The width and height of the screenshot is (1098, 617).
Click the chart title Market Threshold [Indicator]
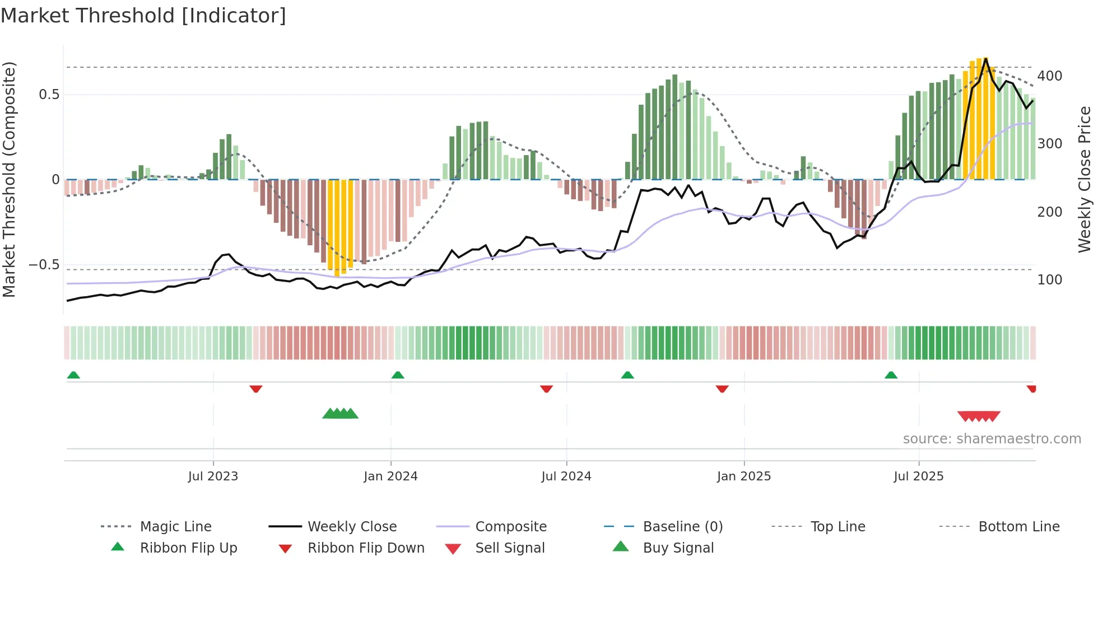pyautogui.click(x=143, y=16)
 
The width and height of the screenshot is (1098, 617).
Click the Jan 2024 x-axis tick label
pyautogui.click(x=390, y=476)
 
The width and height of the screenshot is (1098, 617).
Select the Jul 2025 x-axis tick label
pyautogui.click(x=918, y=476)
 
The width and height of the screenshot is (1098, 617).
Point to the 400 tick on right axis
pyautogui.click(x=1049, y=76)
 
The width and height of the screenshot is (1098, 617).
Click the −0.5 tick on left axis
pyautogui.click(x=44, y=265)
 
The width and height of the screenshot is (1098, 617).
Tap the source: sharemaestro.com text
pyautogui.click(x=992, y=439)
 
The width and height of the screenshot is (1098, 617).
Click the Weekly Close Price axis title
pyautogui.click(x=1085, y=179)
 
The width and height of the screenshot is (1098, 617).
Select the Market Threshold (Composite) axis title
pyautogui.click(x=9, y=179)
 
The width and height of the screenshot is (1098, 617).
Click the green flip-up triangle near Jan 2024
pyautogui.click(x=398, y=375)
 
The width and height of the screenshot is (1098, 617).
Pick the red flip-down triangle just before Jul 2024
pyautogui.click(x=546, y=389)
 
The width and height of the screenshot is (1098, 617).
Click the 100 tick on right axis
pyautogui.click(x=1049, y=280)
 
